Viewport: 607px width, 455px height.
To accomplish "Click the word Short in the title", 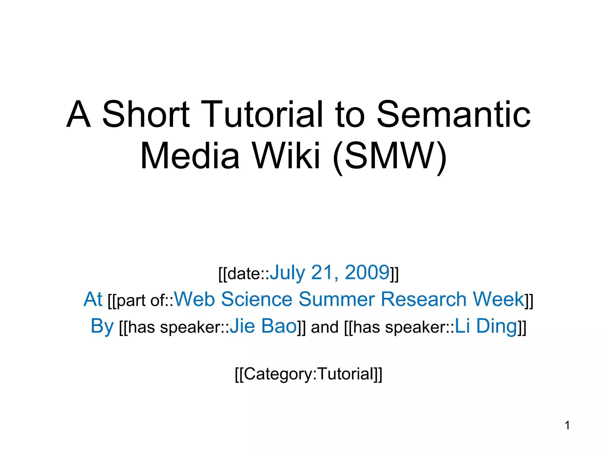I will coord(146,115).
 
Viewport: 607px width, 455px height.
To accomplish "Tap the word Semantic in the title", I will coord(453,115).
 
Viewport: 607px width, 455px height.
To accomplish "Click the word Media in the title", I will coord(190,156).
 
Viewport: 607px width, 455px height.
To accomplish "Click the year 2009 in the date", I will coord(367,272).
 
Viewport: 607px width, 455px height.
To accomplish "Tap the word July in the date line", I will coord(287,272).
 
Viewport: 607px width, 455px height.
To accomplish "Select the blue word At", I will coord(93,299).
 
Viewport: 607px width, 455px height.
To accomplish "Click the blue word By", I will coord(102,326).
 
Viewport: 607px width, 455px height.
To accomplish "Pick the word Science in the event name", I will coord(257,299).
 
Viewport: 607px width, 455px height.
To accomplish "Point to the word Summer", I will coord(337,299).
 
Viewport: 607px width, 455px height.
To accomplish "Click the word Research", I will coord(423,299).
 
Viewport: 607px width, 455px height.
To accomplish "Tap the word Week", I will coord(498,299).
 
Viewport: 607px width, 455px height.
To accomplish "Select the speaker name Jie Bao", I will coord(263,326).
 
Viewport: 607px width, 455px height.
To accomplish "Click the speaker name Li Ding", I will coord(486,326).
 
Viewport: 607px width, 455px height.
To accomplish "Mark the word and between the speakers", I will coord(325,327).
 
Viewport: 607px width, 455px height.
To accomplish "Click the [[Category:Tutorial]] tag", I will coord(308,374).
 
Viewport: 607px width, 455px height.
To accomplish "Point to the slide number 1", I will coord(567,425).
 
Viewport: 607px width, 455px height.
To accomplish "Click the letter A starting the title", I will coord(78,115).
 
